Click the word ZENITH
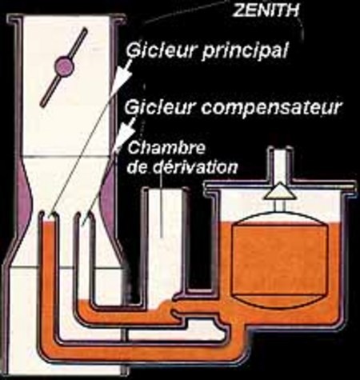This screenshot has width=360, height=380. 266,11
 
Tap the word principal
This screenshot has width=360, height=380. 246,51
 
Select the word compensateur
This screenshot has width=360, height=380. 271,108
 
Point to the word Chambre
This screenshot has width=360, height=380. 166,148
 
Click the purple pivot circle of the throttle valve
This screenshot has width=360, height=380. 64,66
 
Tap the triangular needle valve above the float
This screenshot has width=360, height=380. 280,191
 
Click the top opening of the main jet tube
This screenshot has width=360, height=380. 49,214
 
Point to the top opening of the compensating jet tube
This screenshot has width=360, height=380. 84,214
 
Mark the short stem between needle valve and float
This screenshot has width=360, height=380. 280,205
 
